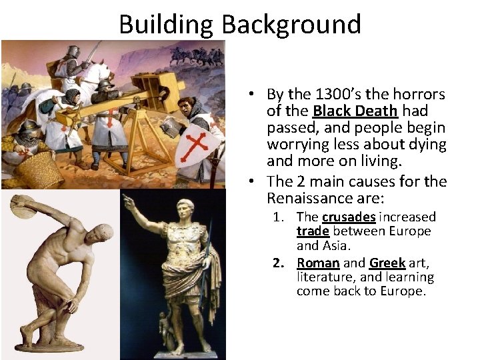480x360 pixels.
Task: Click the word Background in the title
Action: click(x=291, y=24)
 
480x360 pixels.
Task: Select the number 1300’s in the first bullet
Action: click(x=339, y=95)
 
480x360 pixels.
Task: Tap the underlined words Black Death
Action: click(x=354, y=111)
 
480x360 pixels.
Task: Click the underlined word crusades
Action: click(x=348, y=217)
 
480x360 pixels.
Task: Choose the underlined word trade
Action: click(x=313, y=231)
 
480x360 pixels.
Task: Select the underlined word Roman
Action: click(x=318, y=263)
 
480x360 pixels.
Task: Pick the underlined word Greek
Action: click(x=387, y=263)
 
